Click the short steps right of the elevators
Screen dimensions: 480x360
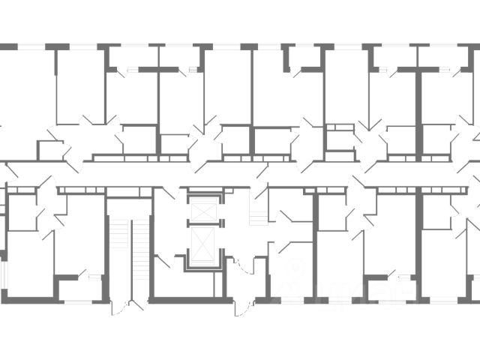pos(257,217)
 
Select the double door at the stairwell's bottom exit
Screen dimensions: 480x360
pos(128,305)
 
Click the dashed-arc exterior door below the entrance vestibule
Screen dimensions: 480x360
pos(241,306)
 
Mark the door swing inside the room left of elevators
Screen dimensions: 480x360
pos(162,262)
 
